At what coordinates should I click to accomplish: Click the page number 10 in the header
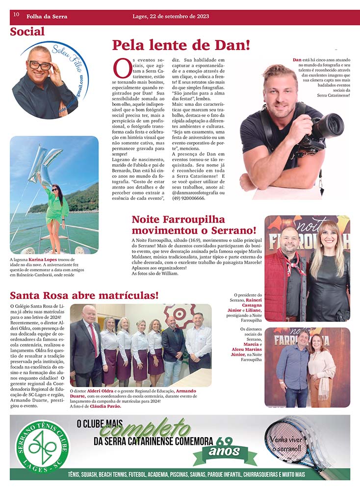[16, 15]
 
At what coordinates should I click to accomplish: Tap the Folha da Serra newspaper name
[47, 17]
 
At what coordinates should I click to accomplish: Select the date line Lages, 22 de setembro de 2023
[171, 16]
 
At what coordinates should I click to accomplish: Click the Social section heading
[27, 32]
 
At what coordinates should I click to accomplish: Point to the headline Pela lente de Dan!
[181, 45]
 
